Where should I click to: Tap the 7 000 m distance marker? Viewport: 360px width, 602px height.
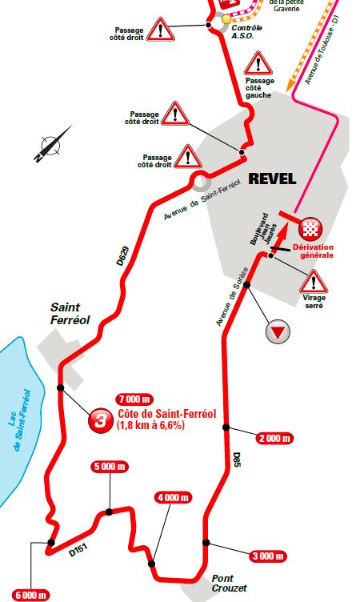click(x=134, y=399)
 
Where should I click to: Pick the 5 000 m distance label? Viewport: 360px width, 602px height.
click(x=110, y=466)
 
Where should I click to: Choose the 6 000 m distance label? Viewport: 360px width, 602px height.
click(x=26, y=595)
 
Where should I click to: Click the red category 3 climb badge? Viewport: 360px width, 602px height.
click(x=99, y=420)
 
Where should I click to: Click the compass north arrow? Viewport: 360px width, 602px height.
click(x=50, y=145)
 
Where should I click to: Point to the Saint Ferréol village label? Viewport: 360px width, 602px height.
click(x=70, y=312)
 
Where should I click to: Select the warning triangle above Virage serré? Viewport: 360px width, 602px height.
click(x=314, y=280)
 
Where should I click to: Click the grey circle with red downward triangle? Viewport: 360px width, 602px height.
click(x=278, y=331)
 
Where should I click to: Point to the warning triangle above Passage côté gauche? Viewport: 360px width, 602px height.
click(x=258, y=62)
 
